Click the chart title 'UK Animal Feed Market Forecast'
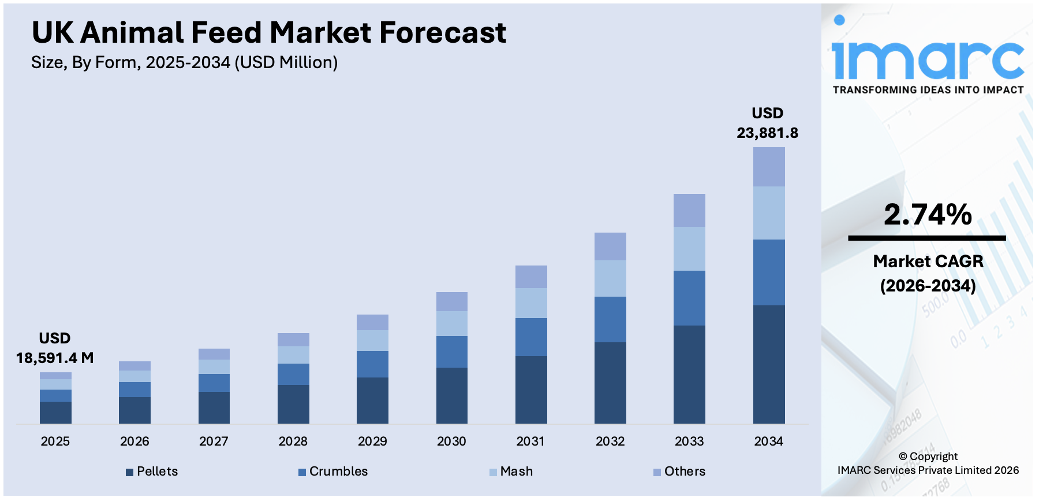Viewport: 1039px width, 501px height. (268, 32)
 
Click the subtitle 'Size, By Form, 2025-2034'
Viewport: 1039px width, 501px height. (184, 62)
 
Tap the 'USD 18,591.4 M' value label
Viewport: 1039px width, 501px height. (55, 348)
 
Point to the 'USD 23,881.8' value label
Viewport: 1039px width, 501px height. (767, 123)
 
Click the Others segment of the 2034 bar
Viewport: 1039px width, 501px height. (768, 167)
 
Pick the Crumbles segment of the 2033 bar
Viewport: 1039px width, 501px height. (689, 298)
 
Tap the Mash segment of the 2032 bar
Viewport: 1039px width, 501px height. (610, 278)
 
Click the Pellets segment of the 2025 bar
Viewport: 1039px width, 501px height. (55, 412)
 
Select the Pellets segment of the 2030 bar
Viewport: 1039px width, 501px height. (451, 395)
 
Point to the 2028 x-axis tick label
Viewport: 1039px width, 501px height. (293, 442)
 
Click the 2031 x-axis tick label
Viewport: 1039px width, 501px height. (530, 442)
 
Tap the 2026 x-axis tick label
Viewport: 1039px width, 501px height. (134, 442)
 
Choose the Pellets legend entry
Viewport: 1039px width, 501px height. (152, 472)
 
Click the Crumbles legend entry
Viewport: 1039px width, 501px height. (333, 472)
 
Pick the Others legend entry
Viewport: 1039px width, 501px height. (679, 472)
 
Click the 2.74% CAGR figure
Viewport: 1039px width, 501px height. (928, 214)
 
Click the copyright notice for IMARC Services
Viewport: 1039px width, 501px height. (928, 463)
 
